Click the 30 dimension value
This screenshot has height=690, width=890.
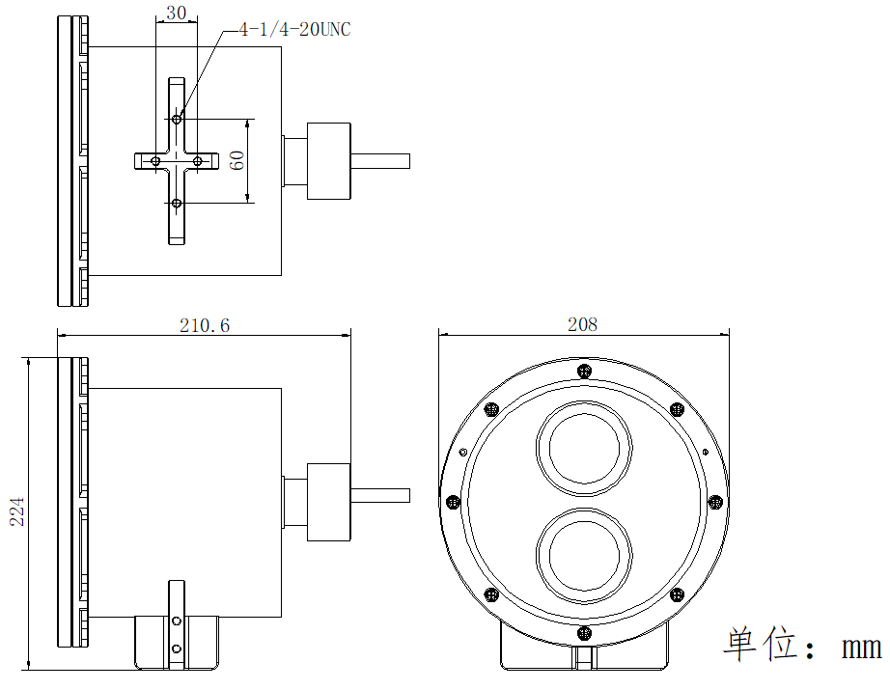coord(176,13)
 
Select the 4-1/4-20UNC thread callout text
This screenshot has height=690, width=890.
coord(294,31)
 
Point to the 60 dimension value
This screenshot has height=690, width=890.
coord(236,160)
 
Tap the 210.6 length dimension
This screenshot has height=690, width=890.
coord(205,325)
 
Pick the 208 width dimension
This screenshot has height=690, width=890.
coord(583,324)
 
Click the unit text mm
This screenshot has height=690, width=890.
coord(861,647)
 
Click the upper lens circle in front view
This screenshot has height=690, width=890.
coord(584,447)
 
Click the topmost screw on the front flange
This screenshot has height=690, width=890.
coord(583,371)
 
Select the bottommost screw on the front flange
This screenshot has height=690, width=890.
coord(584,632)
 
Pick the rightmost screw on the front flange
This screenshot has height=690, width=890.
coord(715,501)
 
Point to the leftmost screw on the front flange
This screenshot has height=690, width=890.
coord(453,501)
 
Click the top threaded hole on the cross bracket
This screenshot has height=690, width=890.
coord(176,120)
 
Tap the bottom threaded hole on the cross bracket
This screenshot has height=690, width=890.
coord(176,203)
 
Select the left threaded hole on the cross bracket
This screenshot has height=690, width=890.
coord(154,160)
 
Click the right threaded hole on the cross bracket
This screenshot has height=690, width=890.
coord(197,160)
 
